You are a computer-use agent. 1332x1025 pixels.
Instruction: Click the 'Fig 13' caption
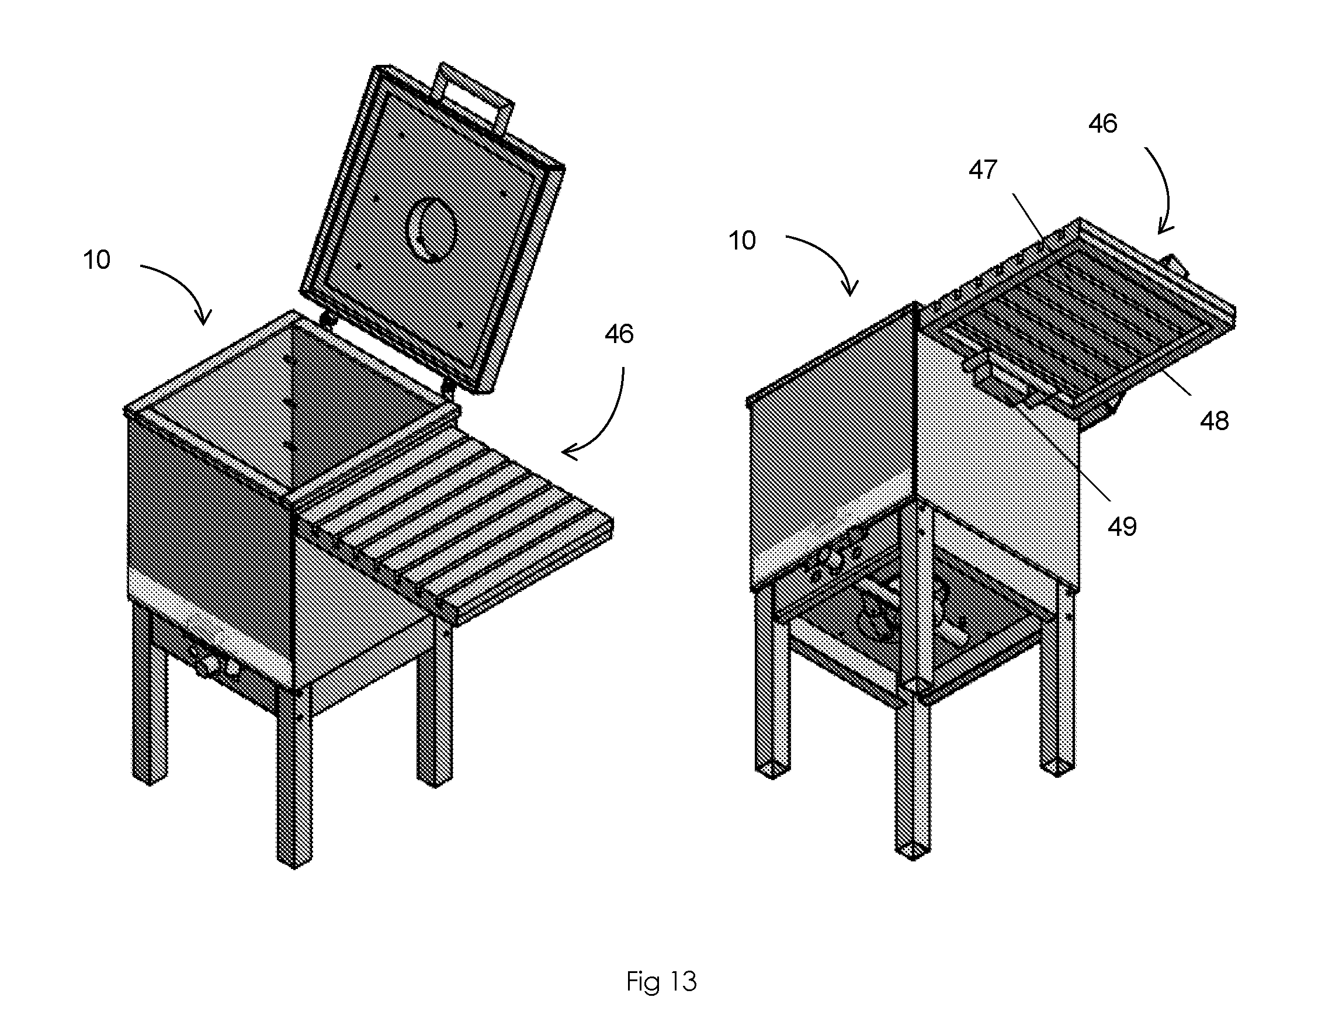(x=661, y=982)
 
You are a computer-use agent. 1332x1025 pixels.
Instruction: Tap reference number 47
(x=983, y=169)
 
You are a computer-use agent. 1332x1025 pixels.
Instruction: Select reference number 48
(x=1213, y=421)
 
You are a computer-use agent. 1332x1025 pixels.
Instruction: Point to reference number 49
(x=1122, y=527)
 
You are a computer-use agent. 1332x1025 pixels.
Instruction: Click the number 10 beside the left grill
(x=96, y=260)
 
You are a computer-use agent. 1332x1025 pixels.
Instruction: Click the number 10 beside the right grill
(x=742, y=240)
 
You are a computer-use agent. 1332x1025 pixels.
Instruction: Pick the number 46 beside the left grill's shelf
(x=619, y=334)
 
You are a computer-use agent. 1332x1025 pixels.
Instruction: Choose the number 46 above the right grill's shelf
(x=1102, y=124)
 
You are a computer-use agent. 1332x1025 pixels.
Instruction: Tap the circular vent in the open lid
(x=431, y=231)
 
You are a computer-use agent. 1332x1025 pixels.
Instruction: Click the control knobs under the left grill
(x=213, y=662)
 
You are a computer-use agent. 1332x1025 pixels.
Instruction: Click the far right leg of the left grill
(x=435, y=702)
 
